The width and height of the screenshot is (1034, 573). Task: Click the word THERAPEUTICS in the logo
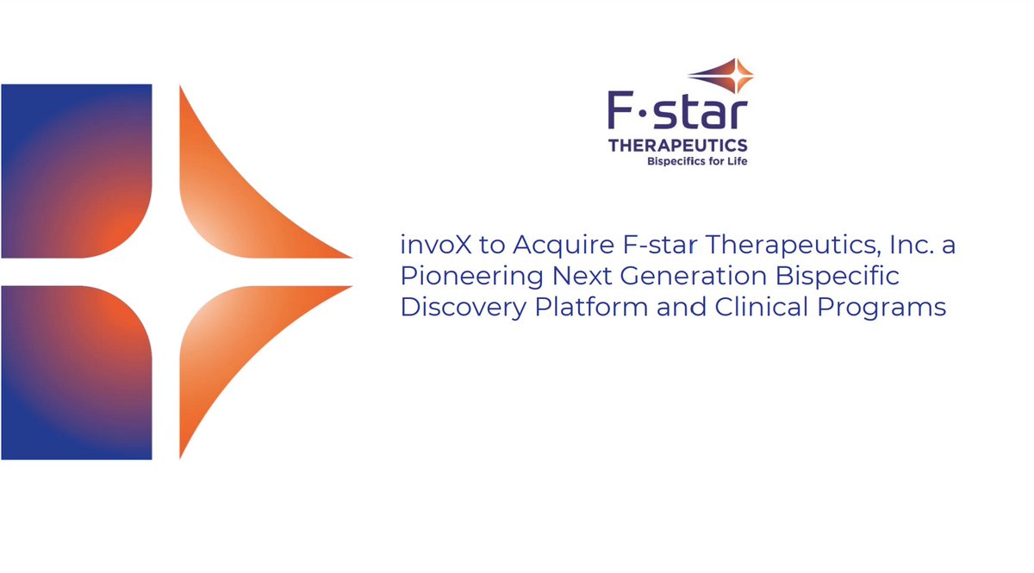tap(677, 146)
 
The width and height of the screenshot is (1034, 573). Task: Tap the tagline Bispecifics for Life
tap(696, 161)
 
